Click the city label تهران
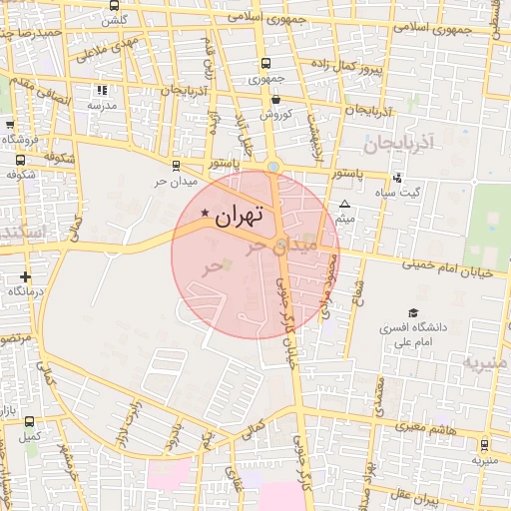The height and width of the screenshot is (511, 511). [239, 214]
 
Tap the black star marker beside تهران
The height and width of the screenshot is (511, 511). [206, 213]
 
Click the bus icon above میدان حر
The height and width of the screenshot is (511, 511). [177, 167]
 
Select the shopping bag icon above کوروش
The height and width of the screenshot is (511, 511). [274, 99]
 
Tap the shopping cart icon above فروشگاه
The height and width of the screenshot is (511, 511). [11, 125]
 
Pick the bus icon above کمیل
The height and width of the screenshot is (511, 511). [29, 421]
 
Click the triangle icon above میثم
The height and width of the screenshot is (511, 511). [345, 203]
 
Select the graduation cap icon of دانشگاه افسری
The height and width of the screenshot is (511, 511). [412, 312]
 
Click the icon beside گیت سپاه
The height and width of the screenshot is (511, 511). [398, 178]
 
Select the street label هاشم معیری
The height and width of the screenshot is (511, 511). [412, 427]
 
